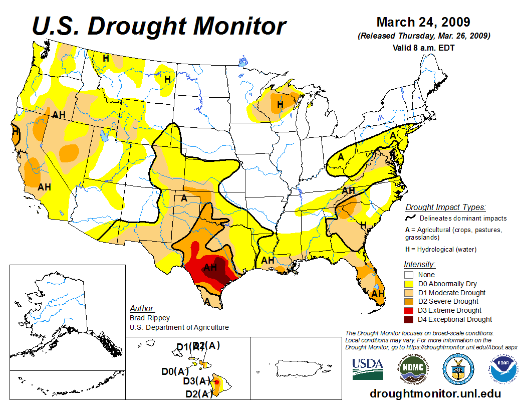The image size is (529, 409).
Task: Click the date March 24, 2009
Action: click(x=423, y=23)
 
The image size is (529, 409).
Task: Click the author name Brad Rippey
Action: click(x=149, y=318)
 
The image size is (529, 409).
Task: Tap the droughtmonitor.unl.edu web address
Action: click(x=435, y=393)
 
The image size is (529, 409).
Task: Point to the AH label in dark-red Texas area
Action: click(x=210, y=268)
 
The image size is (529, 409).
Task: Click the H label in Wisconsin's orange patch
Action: click(x=281, y=104)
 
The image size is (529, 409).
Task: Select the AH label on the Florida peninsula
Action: click(x=378, y=294)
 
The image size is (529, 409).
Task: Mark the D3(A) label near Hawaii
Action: click(x=196, y=381)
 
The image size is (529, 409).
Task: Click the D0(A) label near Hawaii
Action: click(x=175, y=371)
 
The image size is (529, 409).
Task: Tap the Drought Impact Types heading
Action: click(x=445, y=207)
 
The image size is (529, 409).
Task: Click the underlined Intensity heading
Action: click(x=419, y=264)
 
